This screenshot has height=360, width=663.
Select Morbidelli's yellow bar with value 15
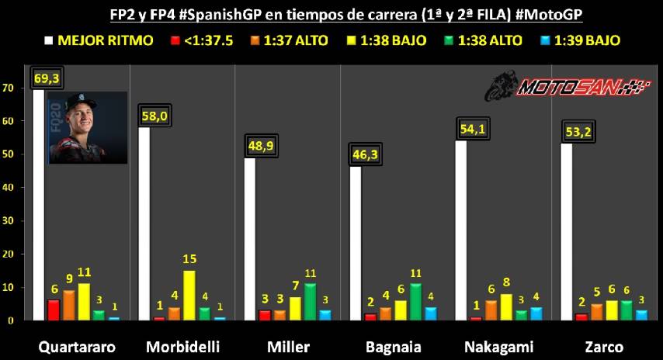coord(189,295)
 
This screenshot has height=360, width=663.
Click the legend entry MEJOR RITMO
coord(100,39)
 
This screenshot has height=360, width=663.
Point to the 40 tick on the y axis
coord(9,187)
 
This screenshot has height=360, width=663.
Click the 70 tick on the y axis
coord(9,88)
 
